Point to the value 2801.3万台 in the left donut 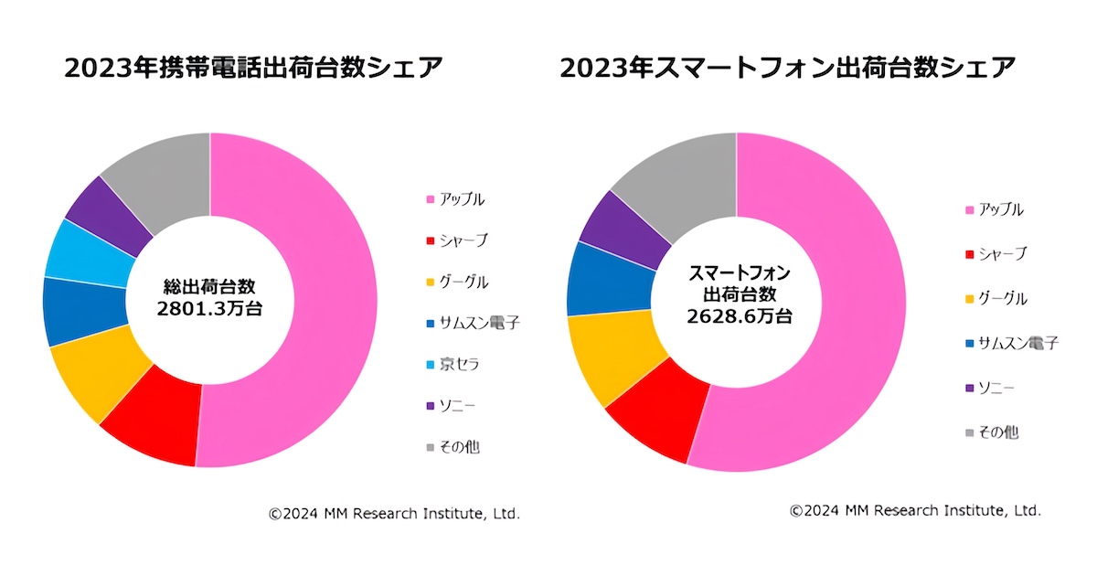point(209,309)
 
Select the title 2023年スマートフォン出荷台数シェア point(787,69)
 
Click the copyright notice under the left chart point(394,514)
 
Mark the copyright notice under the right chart point(915,510)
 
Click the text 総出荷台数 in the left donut point(209,285)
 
